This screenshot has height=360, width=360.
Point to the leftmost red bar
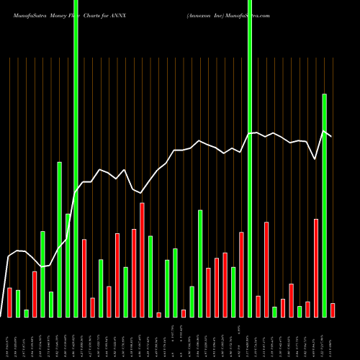pos(9,302)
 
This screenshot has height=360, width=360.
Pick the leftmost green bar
pos(18,303)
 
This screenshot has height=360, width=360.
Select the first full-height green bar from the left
pos(76,158)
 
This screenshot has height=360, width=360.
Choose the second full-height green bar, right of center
pos(250,158)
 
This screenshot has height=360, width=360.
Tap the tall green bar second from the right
pos(324,205)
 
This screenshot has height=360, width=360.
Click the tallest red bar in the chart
pos(142,260)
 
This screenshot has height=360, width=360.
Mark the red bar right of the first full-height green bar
pos(84,278)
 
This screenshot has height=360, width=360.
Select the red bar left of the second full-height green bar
pos(241,274)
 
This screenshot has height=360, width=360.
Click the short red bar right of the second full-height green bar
pos(258,306)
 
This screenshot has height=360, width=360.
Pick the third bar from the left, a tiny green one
pos(27,313)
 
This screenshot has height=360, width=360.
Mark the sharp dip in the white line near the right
pos(315,158)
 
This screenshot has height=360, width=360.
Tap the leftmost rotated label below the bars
pos(9,338)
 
